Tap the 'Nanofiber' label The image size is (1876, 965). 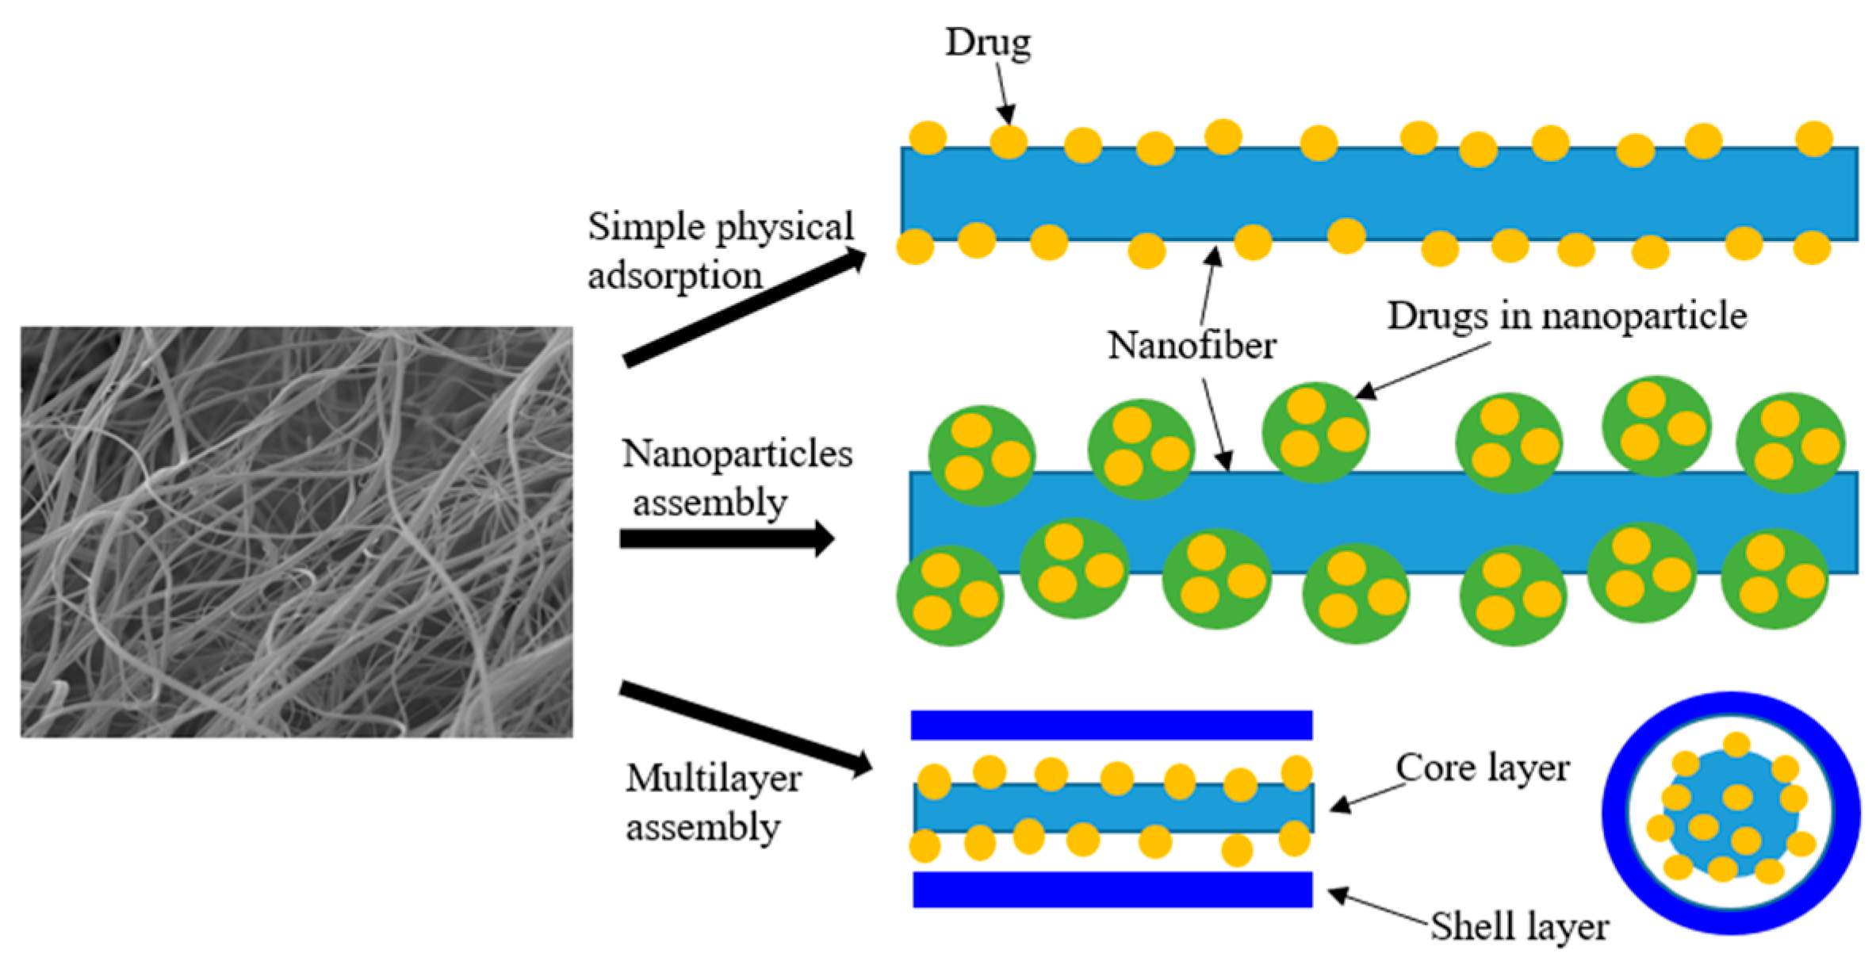coord(1191,346)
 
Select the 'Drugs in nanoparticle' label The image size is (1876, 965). coord(1566,316)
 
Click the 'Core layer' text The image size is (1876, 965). coord(1482,768)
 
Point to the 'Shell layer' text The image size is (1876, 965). coord(1518,926)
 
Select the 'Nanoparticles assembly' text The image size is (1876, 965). coord(736,477)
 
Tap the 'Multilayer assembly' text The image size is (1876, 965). coord(712,802)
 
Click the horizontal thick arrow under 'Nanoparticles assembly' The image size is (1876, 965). coord(726,539)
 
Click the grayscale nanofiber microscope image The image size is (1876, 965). coord(296,531)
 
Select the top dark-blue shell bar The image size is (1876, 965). coord(1111,725)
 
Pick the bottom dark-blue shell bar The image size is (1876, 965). coord(1112,890)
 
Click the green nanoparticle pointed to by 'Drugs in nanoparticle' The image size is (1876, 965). coord(1315,432)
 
